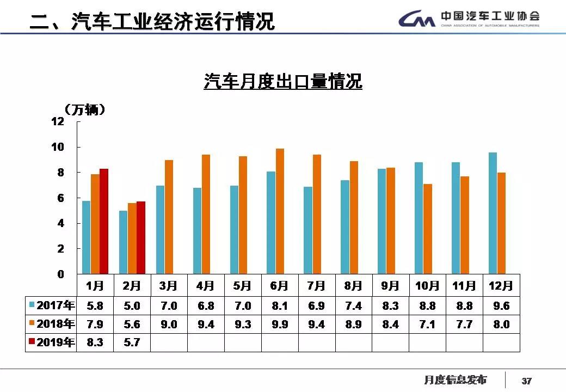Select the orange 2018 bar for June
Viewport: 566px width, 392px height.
[x=280, y=211]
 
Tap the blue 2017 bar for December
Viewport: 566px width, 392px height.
[x=493, y=213]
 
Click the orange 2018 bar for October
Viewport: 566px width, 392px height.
[x=428, y=229]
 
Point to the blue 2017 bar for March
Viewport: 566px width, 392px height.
[x=160, y=229]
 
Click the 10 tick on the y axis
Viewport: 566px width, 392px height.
[x=58, y=147]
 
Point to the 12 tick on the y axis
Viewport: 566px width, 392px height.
[x=58, y=121]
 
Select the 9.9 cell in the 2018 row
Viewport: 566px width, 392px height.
[x=280, y=324]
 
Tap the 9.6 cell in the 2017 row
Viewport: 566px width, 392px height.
[x=501, y=306]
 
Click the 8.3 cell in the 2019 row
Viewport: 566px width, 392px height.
[x=95, y=343]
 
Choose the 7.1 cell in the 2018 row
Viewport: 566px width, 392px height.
[x=427, y=324]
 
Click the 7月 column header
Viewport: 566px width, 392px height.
[x=316, y=286]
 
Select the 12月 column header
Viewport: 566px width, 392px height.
[x=501, y=286]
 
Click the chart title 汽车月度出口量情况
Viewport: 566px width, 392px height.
[x=283, y=82]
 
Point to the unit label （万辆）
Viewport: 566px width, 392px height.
[x=84, y=109]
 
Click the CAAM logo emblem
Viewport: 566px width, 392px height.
[x=417, y=20]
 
